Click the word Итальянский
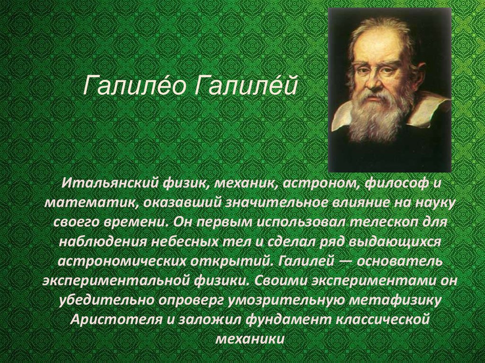pos(109,183)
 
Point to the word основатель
pos(400,262)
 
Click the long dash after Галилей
pos(345,262)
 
